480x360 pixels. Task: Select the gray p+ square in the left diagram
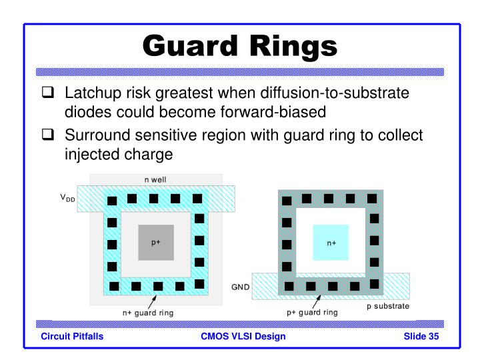click(x=155, y=243)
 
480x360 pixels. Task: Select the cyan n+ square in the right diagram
click(x=331, y=243)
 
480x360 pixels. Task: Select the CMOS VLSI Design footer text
click(x=243, y=336)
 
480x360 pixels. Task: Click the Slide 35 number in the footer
click(x=421, y=336)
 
